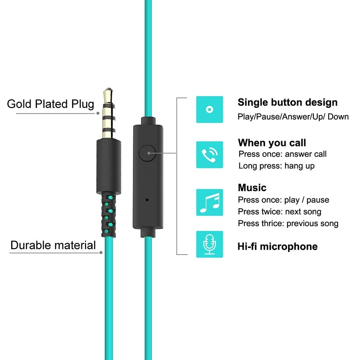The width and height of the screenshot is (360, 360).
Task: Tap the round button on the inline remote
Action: coord(147,153)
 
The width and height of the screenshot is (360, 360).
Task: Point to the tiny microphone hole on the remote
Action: coord(147,199)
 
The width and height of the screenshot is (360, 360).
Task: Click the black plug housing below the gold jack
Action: coord(109,166)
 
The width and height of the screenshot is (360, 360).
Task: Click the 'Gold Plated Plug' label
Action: coord(50,104)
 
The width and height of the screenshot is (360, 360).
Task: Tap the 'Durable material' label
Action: coord(53,245)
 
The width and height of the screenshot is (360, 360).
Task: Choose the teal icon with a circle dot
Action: coord(210,109)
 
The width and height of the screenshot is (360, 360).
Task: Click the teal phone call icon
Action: coord(210,155)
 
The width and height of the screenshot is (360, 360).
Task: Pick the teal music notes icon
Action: coord(210,202)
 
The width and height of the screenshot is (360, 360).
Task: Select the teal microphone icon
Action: coord(210,244)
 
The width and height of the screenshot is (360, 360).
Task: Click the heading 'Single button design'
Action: coord(288,102)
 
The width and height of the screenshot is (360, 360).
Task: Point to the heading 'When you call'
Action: coord(272,143)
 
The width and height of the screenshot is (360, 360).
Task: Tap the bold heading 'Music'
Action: coord(252,188)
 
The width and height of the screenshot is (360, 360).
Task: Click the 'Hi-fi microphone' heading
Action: coord(278,247)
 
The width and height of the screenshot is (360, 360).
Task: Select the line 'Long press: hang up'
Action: coord(276,166)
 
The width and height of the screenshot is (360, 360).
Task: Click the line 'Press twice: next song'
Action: coord(279,212)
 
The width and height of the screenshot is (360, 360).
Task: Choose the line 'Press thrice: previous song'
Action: coord(288,224)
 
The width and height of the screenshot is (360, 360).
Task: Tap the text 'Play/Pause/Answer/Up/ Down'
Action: coord(293,117)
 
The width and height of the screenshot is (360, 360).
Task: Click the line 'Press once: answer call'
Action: coord(282,154)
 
